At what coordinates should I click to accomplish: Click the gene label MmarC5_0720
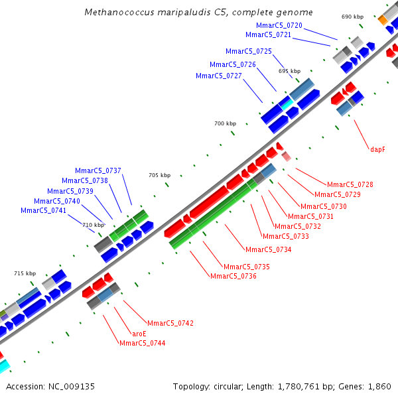[x=279, y=25]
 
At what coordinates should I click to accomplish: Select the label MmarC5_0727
[x=218, y=76]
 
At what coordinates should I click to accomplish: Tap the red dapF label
[x=377, y=149]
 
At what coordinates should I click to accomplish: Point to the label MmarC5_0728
[x=350, y=184]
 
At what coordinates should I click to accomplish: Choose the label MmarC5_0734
[x=268, y=249]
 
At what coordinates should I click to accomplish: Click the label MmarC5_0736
[x=233, y=276]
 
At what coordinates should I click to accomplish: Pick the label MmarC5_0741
[x=43, y=210]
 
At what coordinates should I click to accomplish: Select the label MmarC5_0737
[x=98, y=170]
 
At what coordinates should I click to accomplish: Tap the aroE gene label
[x=139, y=334]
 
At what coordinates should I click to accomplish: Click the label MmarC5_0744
[x=142, y=343]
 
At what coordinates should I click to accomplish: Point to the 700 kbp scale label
[x=225, y=123]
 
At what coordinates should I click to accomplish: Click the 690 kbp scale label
[x=352, y=17]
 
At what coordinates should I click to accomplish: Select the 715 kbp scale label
[x=25, y=273]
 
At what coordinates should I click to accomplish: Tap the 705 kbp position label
[x=159, y=175]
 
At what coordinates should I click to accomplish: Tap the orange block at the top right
[x=383, y=20]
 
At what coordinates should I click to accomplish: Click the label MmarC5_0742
[x=170, y=323]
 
